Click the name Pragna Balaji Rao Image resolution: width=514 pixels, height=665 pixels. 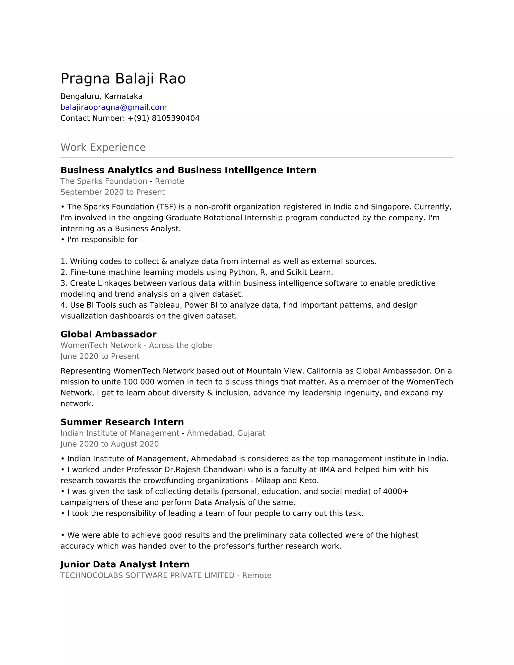[123, 79]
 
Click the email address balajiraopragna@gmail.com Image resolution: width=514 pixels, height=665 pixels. [114, 107]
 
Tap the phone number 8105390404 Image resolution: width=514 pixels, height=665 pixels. [175, 118]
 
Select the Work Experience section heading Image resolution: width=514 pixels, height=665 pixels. [103, 147]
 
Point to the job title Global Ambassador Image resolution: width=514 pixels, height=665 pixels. [108, 334]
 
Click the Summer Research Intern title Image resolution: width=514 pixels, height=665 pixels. [122, 422]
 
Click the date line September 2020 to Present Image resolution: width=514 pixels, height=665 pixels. [112, 192]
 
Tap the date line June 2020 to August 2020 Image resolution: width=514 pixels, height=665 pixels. [110, 444]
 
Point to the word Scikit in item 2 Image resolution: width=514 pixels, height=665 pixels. [297, 272]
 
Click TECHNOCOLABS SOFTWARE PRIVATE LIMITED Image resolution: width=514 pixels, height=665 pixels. [147, 575]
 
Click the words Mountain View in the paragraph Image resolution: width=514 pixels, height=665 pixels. [275, 371]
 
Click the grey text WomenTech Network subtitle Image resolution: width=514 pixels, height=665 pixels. [101, 345]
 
